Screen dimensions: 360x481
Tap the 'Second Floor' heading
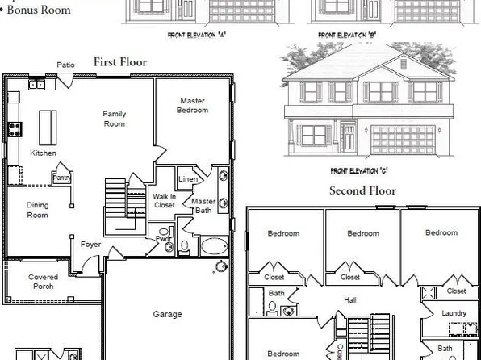coord(362,191)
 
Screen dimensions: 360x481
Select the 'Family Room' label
coord(114,119)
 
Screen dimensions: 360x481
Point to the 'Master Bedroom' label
coord(194,105)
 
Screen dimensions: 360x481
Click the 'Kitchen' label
coord(43,153)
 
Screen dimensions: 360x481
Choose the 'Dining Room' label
coord(38,210)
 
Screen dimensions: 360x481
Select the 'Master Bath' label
coord(202,206)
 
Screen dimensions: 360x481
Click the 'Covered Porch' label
coord(43,282)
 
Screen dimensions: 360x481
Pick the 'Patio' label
coord(66,65)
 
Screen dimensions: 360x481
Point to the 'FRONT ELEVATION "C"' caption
coord(362,171)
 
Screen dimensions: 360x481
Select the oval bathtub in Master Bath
coord(215,245)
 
